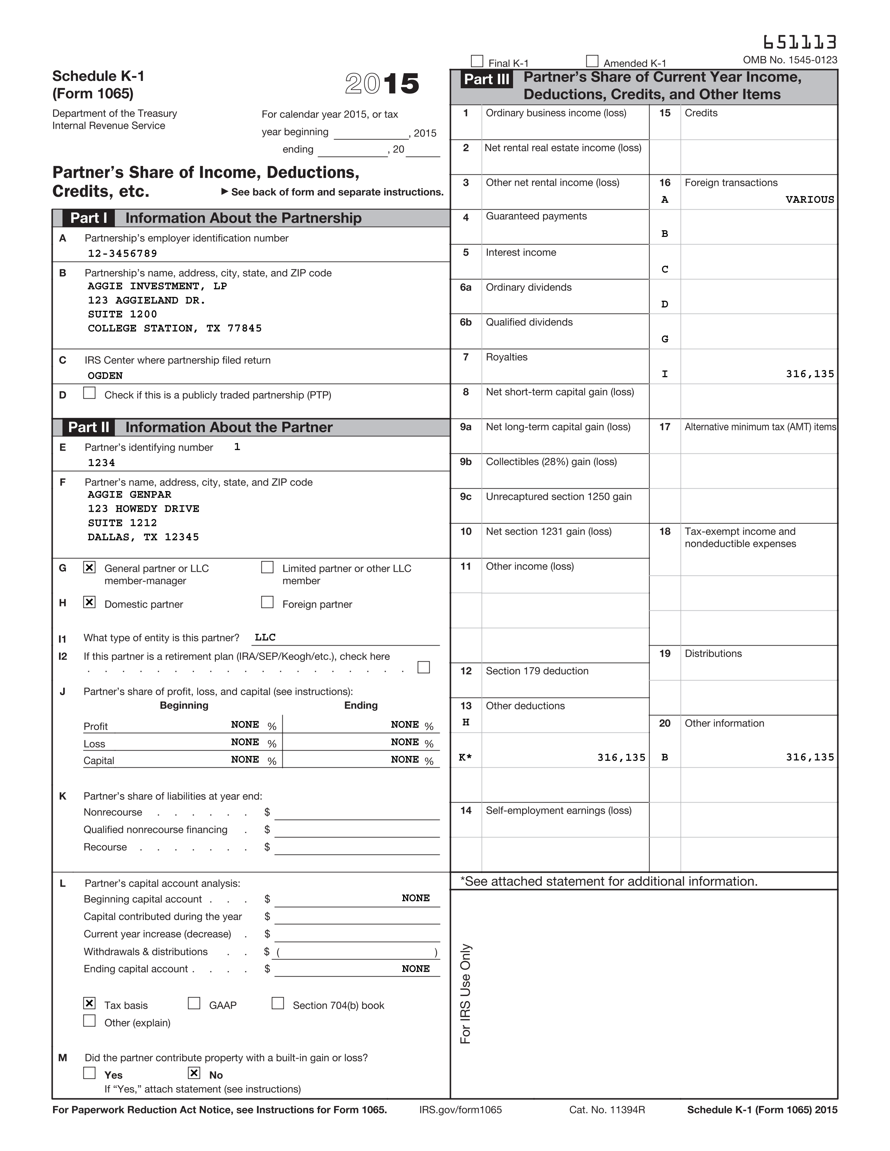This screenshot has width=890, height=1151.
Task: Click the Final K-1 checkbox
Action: click(x=477, y=61)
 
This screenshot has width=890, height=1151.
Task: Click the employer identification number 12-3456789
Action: click(x=122, y=254)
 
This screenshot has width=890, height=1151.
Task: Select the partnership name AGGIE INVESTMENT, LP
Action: click(x=157, y=286)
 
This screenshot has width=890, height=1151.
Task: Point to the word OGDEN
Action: click(x=105, y=376)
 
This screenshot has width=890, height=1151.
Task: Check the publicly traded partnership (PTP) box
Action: click(x=90, y=393)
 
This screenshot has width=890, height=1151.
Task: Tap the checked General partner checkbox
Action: click(x=90, y=567)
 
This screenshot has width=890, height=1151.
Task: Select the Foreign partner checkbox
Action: click(x=267, y=602)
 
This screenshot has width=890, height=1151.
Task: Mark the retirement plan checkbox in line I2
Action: click(x=423, y=667)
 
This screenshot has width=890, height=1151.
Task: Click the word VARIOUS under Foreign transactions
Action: click(x=809, y=200)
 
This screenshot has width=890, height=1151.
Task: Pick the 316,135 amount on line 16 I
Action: click(x=809, y=374)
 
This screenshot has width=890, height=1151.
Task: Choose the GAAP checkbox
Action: click(x=194, y=1003)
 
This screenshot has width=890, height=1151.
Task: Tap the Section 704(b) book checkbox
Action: click(x=278, y=1003)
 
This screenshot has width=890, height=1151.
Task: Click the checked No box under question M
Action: click(x=194, y=1073)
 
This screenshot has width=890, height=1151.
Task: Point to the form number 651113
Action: click(x=799, y=42)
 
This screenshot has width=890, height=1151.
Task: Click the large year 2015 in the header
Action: click(x=382, y=84)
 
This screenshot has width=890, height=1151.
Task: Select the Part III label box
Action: click(x=486, y=80)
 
